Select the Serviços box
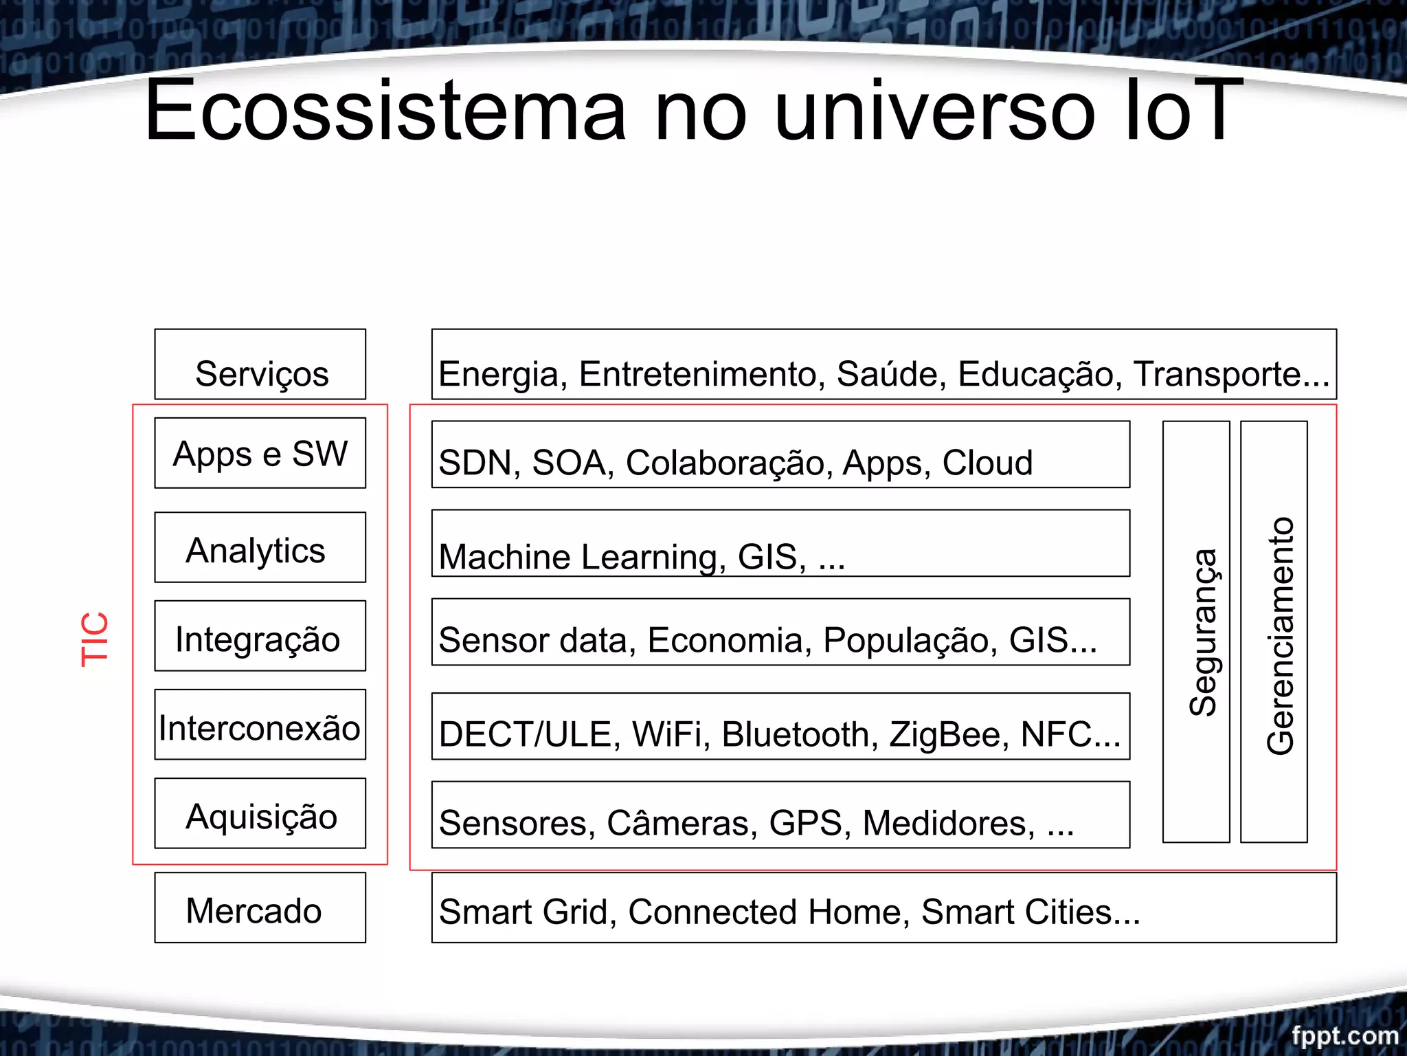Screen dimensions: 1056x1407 pos(260,365)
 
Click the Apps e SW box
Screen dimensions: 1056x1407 pos(260,454)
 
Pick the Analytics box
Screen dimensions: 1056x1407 pos(260,548)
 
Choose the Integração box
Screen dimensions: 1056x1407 pos(260,637)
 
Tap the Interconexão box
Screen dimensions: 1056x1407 pos(260,725)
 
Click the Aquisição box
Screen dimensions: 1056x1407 pos(260,814)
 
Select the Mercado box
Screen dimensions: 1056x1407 pos(260,908)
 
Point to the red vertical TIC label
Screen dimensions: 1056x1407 pos(95,639)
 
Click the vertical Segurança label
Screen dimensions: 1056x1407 pos(1203,632)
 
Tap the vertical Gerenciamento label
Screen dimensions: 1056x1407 pos(1280,636)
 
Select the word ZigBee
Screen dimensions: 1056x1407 pos(949,734)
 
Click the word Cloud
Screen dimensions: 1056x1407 pos(987,463)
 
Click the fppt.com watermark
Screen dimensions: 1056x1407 pos(1344,1035)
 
